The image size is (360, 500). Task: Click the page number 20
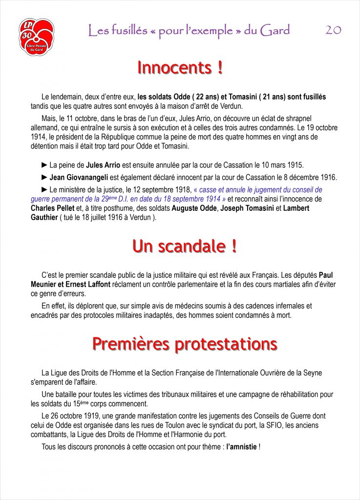[x=333, y=30]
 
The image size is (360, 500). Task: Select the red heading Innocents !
[x=180, y=68]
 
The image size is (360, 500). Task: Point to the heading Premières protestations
[x=185, y=344]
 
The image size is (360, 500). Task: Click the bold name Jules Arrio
[x=103, y=165]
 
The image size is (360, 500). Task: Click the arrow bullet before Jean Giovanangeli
[x=45, y=177]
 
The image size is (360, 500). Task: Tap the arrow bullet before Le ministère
[x=45, y=189]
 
